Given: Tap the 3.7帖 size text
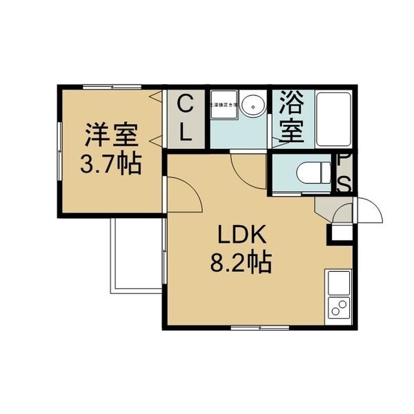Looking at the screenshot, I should click(112, 164).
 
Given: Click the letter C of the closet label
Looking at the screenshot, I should click(185, 106).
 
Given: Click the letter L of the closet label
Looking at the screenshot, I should click(185, 132).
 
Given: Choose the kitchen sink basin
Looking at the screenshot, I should click(339, 284).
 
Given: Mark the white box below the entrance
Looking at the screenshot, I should click(340, 230).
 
